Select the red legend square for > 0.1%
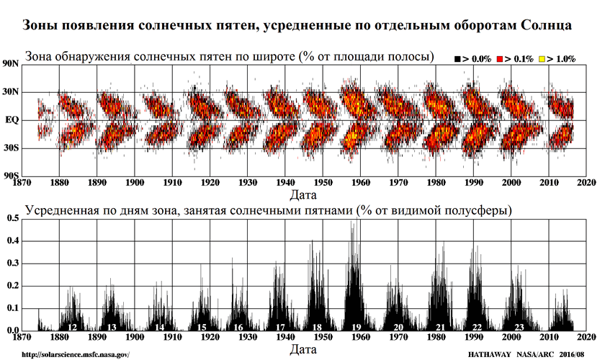click(x=500, y=58)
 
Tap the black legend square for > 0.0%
click(x=459, y=58)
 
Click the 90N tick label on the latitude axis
click(x=11, y=64)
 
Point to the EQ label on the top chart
click(x=12, y=120)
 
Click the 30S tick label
click(x=12, y=148)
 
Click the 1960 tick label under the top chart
click(x=361, y=184)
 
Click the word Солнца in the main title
click(x=542, y=26)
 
